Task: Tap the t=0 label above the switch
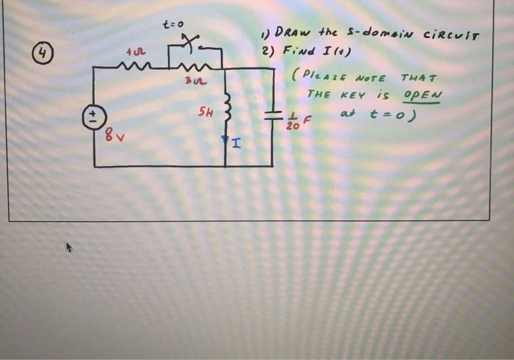[x=173, y=25]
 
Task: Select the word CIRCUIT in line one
[x=450, y=35]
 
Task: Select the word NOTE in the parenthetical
[x=372, y=78]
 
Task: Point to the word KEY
[x=355, y=95]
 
